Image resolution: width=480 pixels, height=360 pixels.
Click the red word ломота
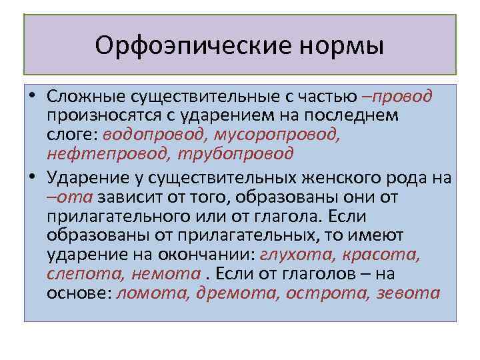pyautogui.click(x=153, y=292)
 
